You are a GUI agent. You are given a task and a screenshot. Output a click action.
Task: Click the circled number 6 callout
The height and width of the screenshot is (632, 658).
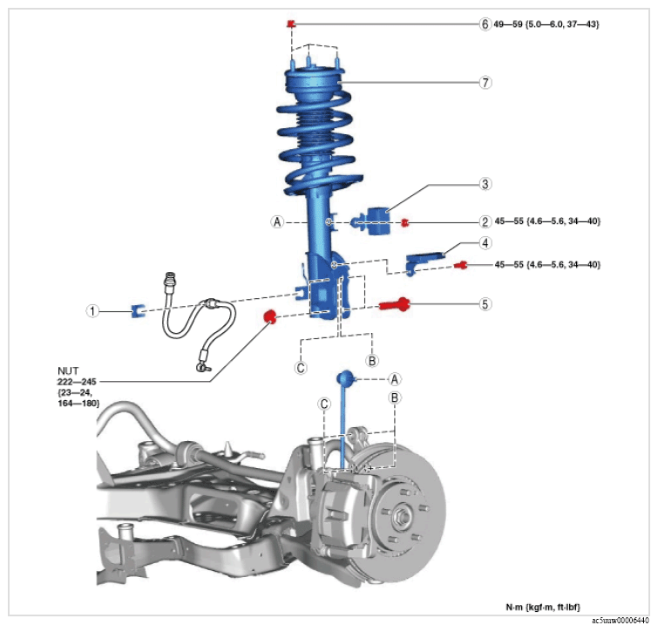tap(485, 24)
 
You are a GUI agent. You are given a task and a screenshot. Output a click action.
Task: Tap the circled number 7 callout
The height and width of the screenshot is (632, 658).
tap(485, 83)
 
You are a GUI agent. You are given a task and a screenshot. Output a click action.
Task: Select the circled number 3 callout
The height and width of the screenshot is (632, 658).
tap(485, 184)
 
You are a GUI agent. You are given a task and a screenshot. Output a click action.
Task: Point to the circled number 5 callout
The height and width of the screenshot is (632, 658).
tap(485, 304)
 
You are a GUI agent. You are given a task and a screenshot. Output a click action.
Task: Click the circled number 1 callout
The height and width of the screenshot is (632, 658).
tap(92, 311)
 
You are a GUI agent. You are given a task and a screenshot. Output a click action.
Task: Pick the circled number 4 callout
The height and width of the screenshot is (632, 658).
tap(485, 243)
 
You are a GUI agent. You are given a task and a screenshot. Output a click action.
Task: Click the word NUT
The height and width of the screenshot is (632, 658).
tap(68, 371)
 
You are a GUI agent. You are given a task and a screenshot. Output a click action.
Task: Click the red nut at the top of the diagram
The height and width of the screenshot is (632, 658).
tap(291, 24)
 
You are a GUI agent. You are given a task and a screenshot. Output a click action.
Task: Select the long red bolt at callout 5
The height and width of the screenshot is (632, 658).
tap(395, 304)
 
